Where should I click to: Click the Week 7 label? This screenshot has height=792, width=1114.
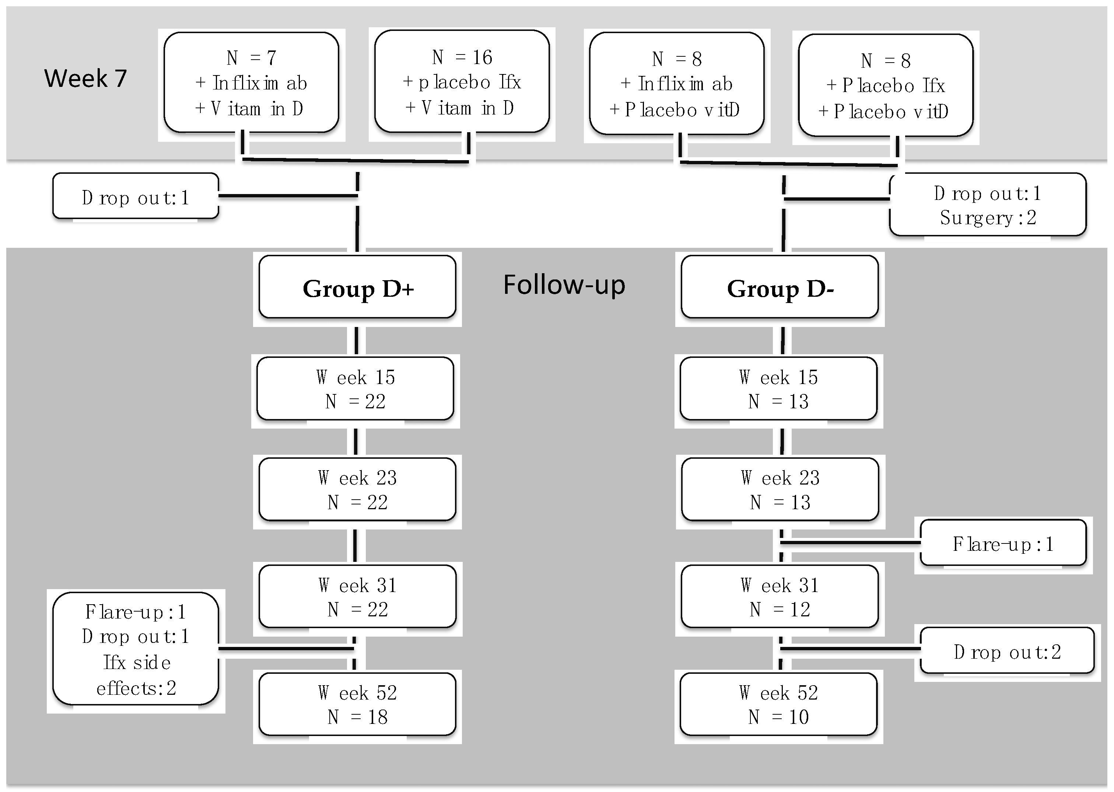85,78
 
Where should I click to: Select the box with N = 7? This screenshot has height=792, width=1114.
251,82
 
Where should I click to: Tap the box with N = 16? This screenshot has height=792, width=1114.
462,81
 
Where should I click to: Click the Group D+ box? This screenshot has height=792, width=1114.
357,288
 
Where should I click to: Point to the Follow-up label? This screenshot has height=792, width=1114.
564,285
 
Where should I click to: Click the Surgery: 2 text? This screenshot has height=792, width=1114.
988,218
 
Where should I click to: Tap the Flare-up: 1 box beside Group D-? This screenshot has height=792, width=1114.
1003,544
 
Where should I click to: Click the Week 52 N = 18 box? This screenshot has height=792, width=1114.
357,704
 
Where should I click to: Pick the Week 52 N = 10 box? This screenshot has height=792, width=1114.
778,704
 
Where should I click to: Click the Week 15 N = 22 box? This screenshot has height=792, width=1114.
355,389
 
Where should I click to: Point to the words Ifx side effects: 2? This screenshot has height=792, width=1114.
136,675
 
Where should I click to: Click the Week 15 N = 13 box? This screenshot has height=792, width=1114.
778,389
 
